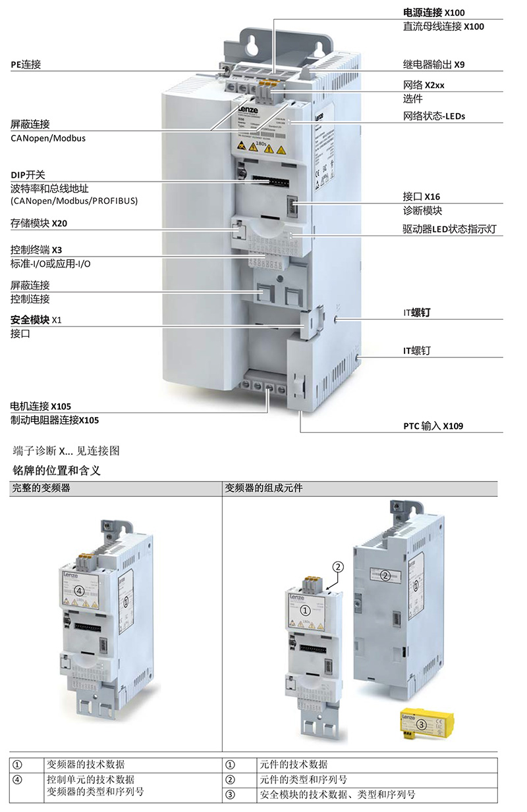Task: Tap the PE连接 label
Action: (26, 64)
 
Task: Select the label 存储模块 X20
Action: (39, 224)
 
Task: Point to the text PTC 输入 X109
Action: (433, 426)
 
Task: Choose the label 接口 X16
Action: (422, 197)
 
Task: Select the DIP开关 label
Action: (28, 175)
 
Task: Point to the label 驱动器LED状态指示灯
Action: (449, 230)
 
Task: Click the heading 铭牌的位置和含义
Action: (57, 471)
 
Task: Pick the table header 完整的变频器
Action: (40, 489)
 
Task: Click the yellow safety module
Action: (422, 723)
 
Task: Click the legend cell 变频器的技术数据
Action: (86, 765)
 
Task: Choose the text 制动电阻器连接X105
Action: (55, 420)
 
